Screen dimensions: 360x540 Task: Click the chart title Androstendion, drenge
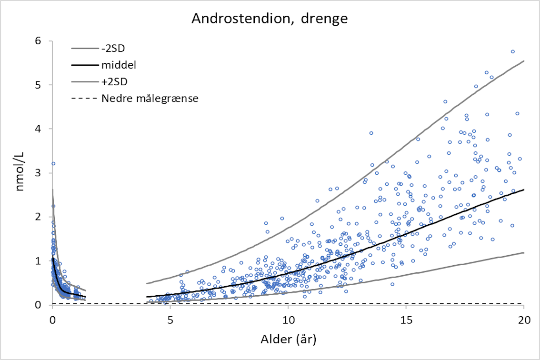click(270, 19)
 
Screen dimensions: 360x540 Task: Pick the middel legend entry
click(117, 65)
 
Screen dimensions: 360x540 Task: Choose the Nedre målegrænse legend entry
click(150, 98)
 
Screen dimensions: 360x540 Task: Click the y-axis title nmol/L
click(20, 174)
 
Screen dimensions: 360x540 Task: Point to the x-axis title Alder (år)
click(288, 340)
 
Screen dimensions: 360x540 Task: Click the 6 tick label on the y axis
click(39, 41)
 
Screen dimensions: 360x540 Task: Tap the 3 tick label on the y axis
click(39, 173)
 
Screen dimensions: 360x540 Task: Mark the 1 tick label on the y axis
click(39, 261)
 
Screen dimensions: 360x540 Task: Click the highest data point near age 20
click(513, 51)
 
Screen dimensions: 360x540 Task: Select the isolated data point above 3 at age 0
click(53, 163)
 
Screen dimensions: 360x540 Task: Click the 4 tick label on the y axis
click(39, 129)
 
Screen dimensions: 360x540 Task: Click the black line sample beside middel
click(83, 65)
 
